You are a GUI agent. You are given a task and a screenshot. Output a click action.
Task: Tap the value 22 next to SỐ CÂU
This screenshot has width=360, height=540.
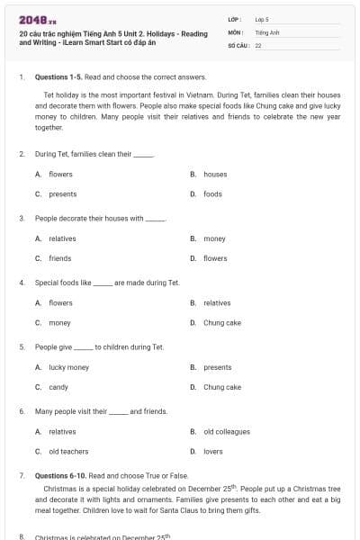[258, 44]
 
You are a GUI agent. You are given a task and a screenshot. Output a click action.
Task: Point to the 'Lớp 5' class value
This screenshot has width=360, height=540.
[262, 19]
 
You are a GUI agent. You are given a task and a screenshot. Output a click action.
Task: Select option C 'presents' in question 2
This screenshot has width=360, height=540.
[62, 193]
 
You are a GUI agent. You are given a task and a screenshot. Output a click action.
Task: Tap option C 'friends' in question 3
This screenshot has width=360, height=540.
[59, 258]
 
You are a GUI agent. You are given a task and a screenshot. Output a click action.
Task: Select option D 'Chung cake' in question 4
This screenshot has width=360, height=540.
[221, 322]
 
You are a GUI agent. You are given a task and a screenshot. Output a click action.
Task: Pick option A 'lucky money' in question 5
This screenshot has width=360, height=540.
[68, 367]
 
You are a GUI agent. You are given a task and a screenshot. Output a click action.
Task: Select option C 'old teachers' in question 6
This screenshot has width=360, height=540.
[68, 451]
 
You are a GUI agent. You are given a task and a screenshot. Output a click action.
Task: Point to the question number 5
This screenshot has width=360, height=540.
[22, 346]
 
